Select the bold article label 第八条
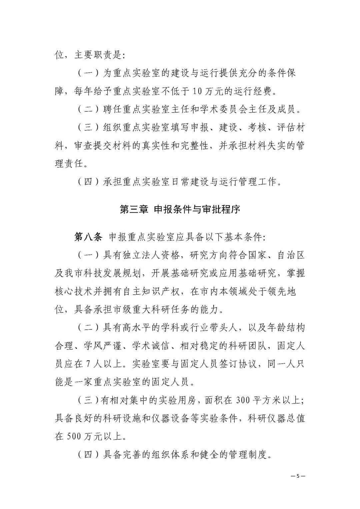point(88,237)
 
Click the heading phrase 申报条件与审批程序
point(197,209)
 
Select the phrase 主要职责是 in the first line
point(98,55)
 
